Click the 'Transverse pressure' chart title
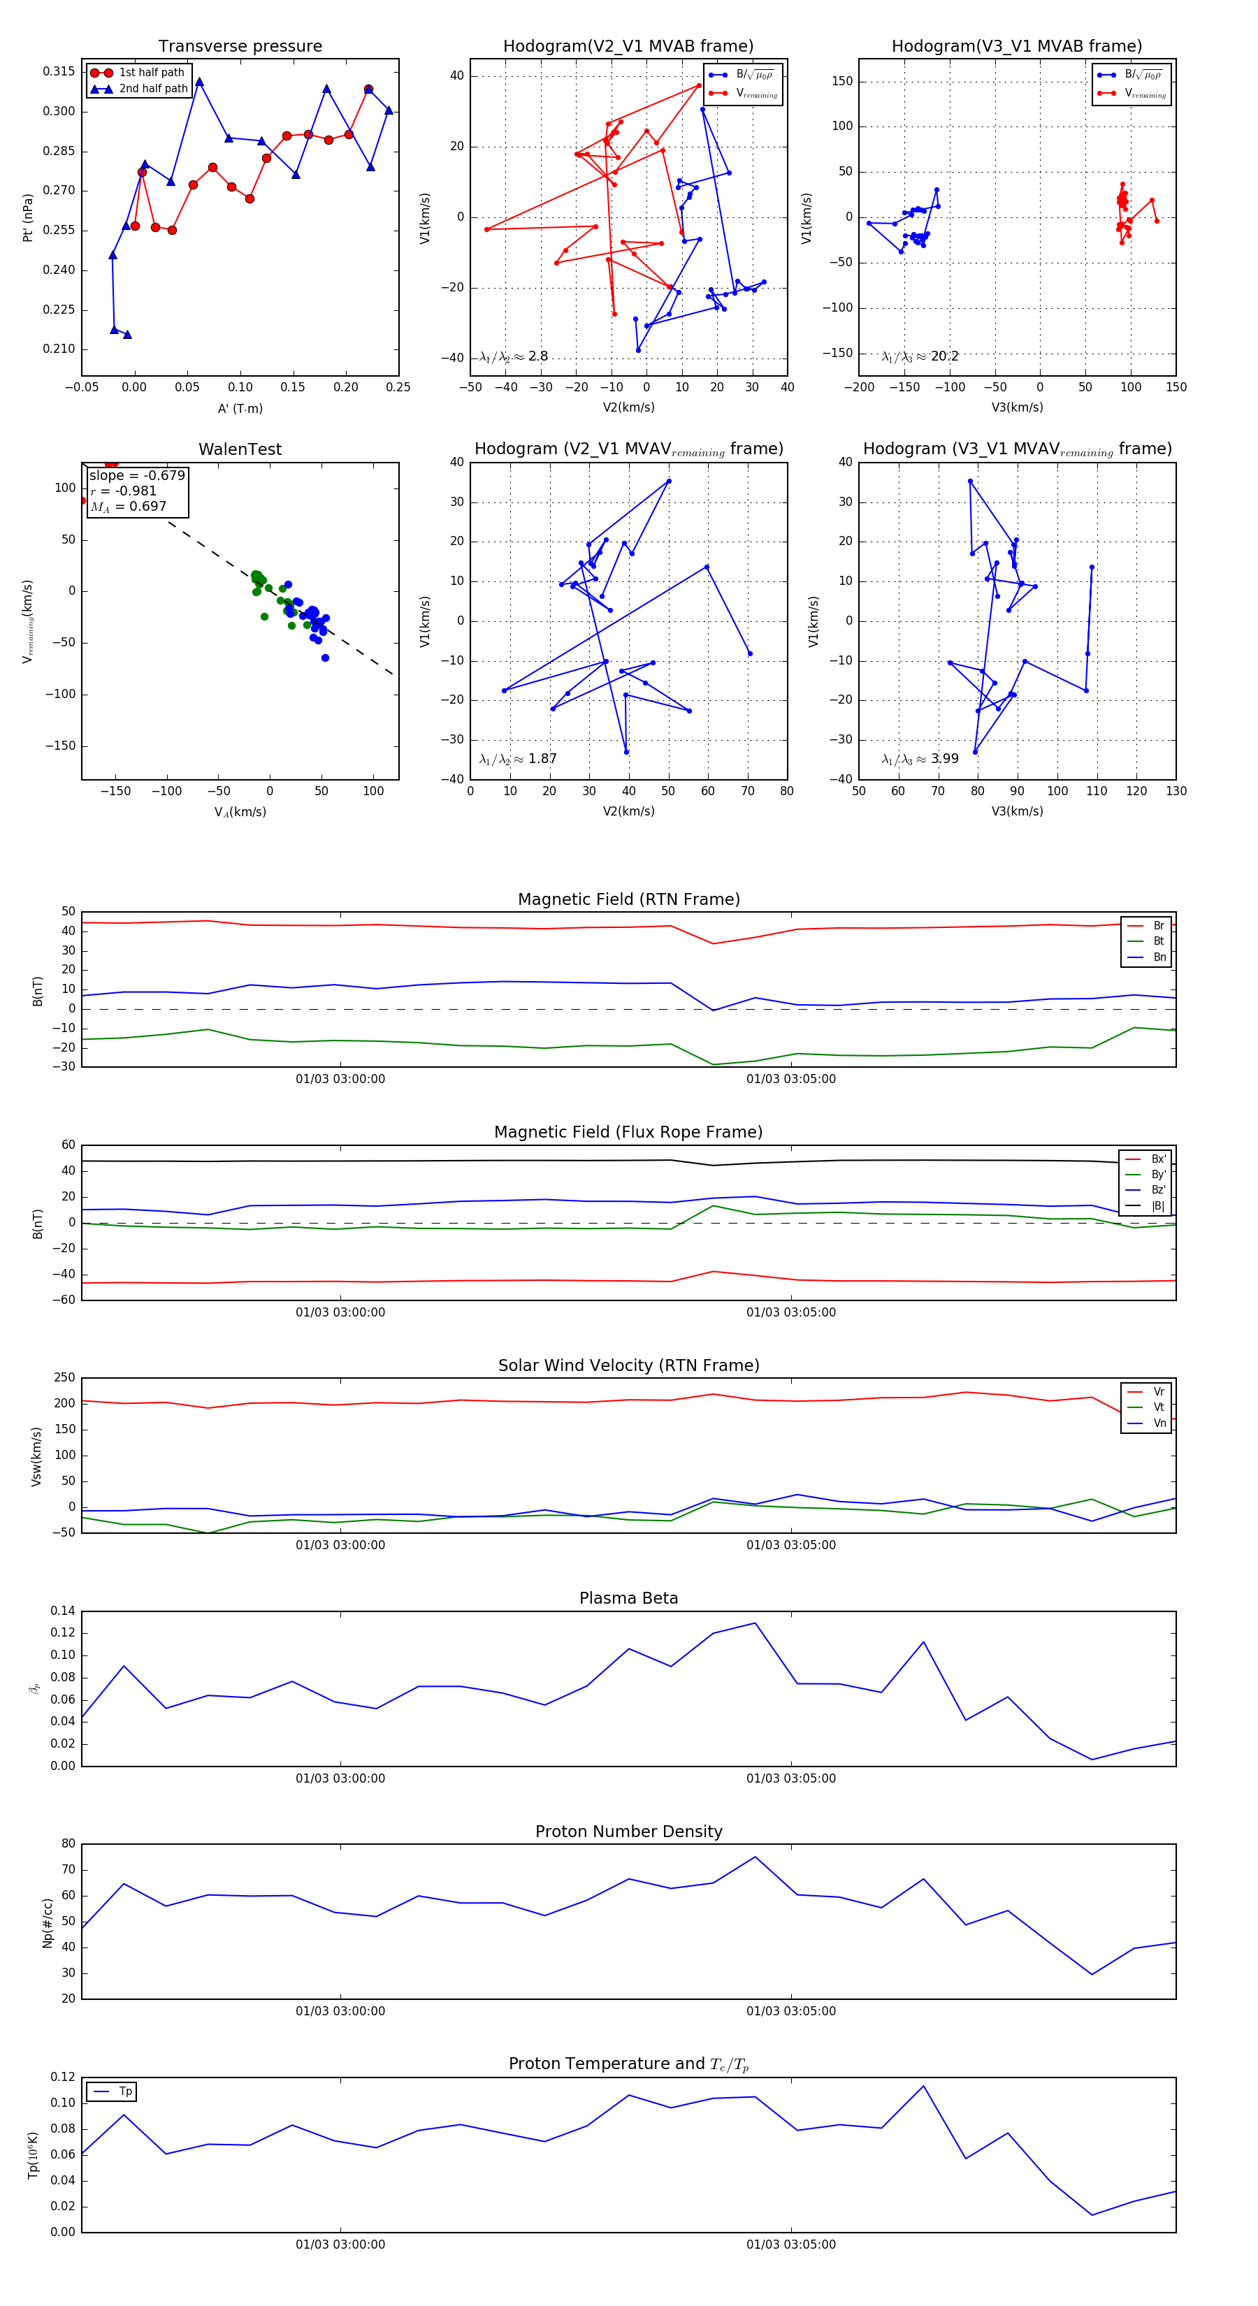point(240,47)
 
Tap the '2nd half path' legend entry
point(153,89)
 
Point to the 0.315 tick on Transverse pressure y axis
point(59,71)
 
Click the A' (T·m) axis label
point(240,408)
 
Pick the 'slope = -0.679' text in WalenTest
point(137,475)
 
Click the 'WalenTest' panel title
point(240,449)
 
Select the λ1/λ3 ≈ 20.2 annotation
point(920,356)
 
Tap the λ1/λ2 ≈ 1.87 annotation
point(517,759)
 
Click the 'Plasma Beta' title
point(628,1598)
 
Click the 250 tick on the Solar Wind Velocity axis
point(64,1378)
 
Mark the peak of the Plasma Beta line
point(755,1623)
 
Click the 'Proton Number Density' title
point(628,1832)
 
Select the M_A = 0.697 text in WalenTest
point(128,507)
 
